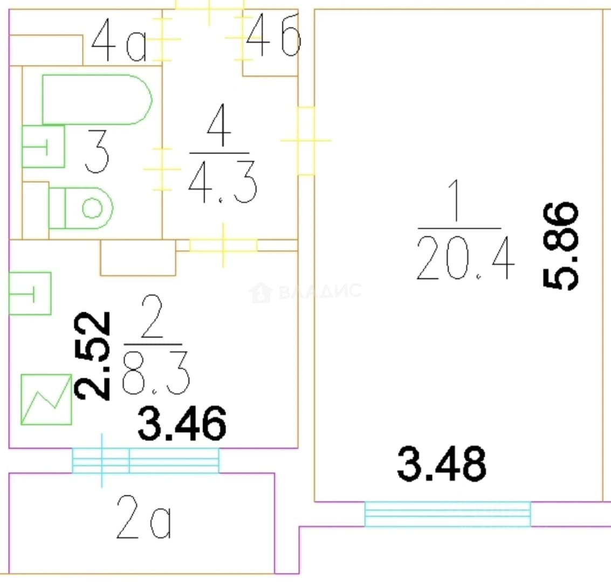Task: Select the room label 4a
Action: (119, 40)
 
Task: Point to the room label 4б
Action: (273, 35)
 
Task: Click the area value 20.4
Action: (465, 258)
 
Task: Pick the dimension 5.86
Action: (561, 246)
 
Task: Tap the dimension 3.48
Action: (442, 463)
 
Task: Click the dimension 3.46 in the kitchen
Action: (182, 423)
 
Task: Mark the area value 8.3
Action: (156, 373)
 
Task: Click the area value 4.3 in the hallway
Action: (223, 182)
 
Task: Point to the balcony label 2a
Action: (144, 517)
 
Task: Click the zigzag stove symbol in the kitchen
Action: (46, 399)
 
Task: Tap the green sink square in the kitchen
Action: (30, 294)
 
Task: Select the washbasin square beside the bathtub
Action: (43, 147)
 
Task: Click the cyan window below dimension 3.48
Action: (448, 514)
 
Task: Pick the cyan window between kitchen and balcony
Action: (146, 461)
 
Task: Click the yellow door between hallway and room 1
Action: (306, 141)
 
